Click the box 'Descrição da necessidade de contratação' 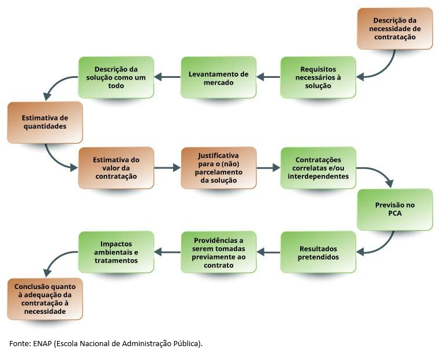point(394,28)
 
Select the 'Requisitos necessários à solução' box point(319,77)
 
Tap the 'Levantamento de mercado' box point(219,77)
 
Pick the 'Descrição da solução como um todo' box point(116,77)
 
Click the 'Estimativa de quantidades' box point(45,122)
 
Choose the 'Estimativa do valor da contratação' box point(116,168)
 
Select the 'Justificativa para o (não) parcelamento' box point(219,168)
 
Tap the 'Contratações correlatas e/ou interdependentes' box point(319,168)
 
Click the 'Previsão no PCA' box point(394,209)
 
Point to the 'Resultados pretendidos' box point(319,252)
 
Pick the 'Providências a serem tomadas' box point(219,252)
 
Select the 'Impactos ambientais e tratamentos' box point(116,252)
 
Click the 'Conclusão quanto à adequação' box point(45,299)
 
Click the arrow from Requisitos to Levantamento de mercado point(268,77)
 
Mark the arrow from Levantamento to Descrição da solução point(167,77)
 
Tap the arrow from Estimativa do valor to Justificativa point(167,168)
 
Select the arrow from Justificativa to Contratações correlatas point(268,168)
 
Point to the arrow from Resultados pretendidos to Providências point(268,252)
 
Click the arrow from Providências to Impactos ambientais point(167,252)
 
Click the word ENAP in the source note point(41,343)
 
